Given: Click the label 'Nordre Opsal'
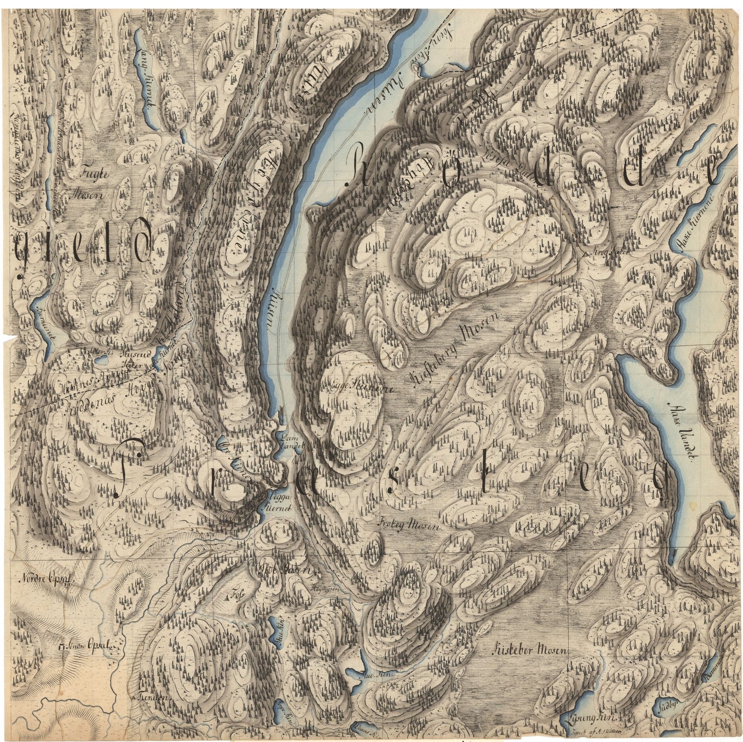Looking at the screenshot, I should [x=48, y=578].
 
